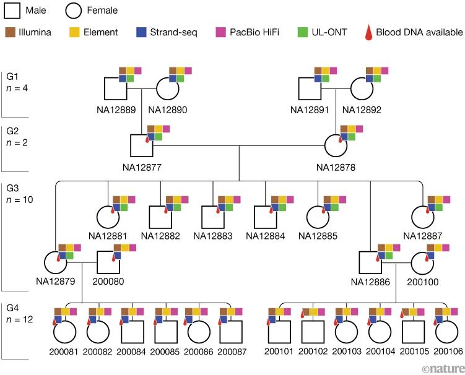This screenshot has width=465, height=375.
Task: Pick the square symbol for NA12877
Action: (142, 147)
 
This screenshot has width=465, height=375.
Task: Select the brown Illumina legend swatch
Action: (9, 32)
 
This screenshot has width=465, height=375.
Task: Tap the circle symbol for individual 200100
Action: (424, 265)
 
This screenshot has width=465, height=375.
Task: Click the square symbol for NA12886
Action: (371, 265)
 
